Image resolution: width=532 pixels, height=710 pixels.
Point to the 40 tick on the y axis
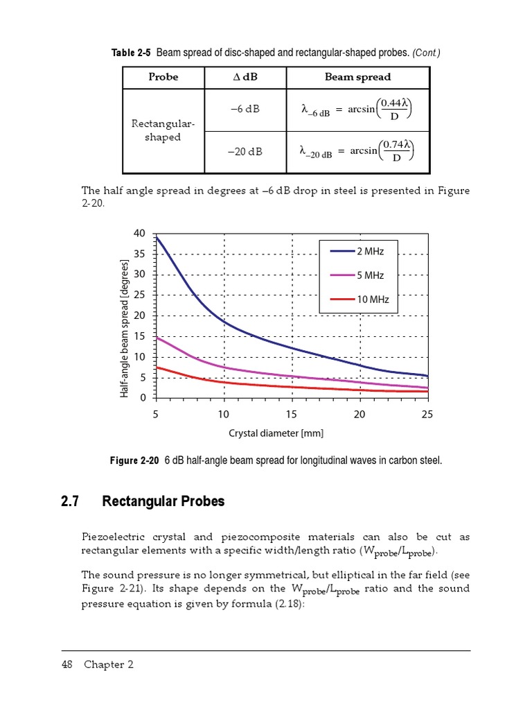click(140, 234)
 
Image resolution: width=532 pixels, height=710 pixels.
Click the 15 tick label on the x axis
click(292, 414)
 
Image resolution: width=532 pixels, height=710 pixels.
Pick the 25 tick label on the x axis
click(427, 414)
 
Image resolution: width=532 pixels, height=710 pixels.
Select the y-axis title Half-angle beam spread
click(125, 328)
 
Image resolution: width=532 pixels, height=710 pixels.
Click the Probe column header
click(163, 77)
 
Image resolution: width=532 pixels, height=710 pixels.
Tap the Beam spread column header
click(357, 77)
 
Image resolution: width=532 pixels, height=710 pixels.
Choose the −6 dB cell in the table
click(245, 109)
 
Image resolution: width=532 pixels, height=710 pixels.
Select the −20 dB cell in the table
click(245, 150)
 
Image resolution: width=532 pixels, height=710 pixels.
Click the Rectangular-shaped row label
click(163, 130)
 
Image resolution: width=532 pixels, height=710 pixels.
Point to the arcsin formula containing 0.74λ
click(357, 151)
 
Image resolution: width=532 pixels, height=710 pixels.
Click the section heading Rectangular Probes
click(163, 501)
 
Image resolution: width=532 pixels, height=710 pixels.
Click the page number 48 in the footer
click(68, 664)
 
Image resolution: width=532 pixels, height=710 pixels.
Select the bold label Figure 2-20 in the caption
click(134, 460)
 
